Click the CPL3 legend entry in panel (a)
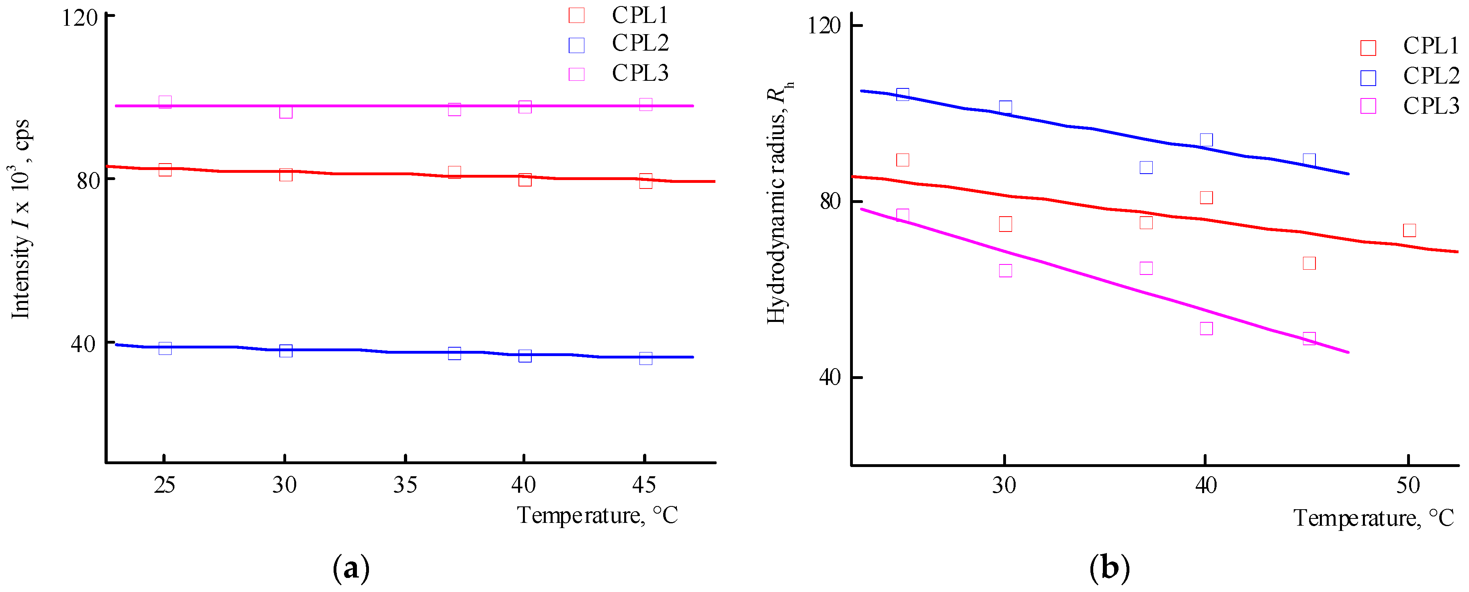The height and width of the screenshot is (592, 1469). [639, 74]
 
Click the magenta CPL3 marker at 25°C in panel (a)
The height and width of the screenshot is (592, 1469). [165, 102]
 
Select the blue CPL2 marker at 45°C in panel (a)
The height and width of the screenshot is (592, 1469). [645, 358]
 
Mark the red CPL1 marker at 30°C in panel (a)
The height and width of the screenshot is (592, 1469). [286, 174]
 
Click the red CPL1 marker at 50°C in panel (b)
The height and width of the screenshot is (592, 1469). [1409, 230]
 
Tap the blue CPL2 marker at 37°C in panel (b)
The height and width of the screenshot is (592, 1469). [1146, 167]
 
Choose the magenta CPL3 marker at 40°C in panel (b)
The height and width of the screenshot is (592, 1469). [1205, 328]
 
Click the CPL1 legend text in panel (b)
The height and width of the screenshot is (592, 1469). [1430, 46]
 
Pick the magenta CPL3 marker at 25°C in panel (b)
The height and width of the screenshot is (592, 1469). [902, 215]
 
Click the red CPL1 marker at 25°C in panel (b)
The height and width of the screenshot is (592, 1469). [902, 160]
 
